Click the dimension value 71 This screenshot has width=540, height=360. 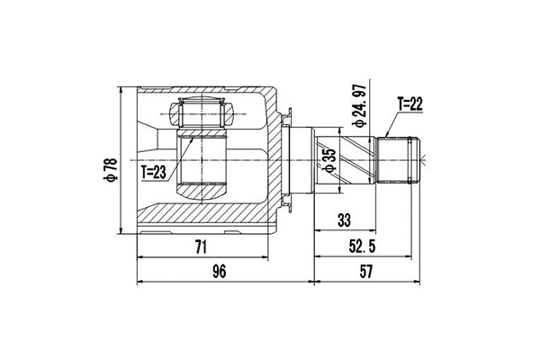pyautogui.click(x=201, y=246)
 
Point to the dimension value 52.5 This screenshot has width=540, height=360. pyautogui.click(x=364, y=246)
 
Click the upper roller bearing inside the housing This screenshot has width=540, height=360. pyautogui.click(x=202, y=113)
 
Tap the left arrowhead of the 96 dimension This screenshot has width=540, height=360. pyautogui.click(x=140, y=283)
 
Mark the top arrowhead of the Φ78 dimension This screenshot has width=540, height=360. pyautogui.click(x=121, y=92)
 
